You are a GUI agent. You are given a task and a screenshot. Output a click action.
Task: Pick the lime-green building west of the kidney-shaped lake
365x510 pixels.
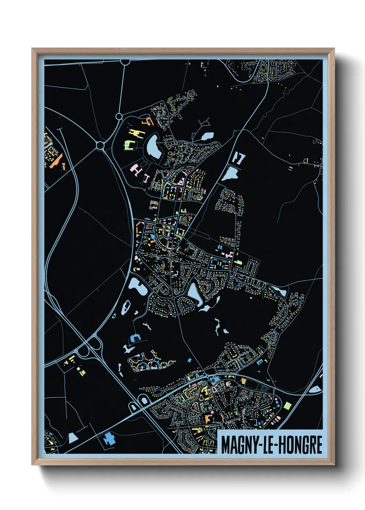129,145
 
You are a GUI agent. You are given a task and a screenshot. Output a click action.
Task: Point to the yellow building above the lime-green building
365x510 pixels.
135,133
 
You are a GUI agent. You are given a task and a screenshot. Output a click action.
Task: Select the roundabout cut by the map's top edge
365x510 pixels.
125,62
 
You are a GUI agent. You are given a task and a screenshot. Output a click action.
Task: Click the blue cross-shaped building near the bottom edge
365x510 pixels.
110,439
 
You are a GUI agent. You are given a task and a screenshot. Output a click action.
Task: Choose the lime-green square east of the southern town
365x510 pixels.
287,405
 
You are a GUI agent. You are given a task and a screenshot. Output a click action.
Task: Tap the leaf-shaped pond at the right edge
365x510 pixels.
315,390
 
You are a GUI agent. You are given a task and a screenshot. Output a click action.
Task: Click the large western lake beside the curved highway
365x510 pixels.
137,286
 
